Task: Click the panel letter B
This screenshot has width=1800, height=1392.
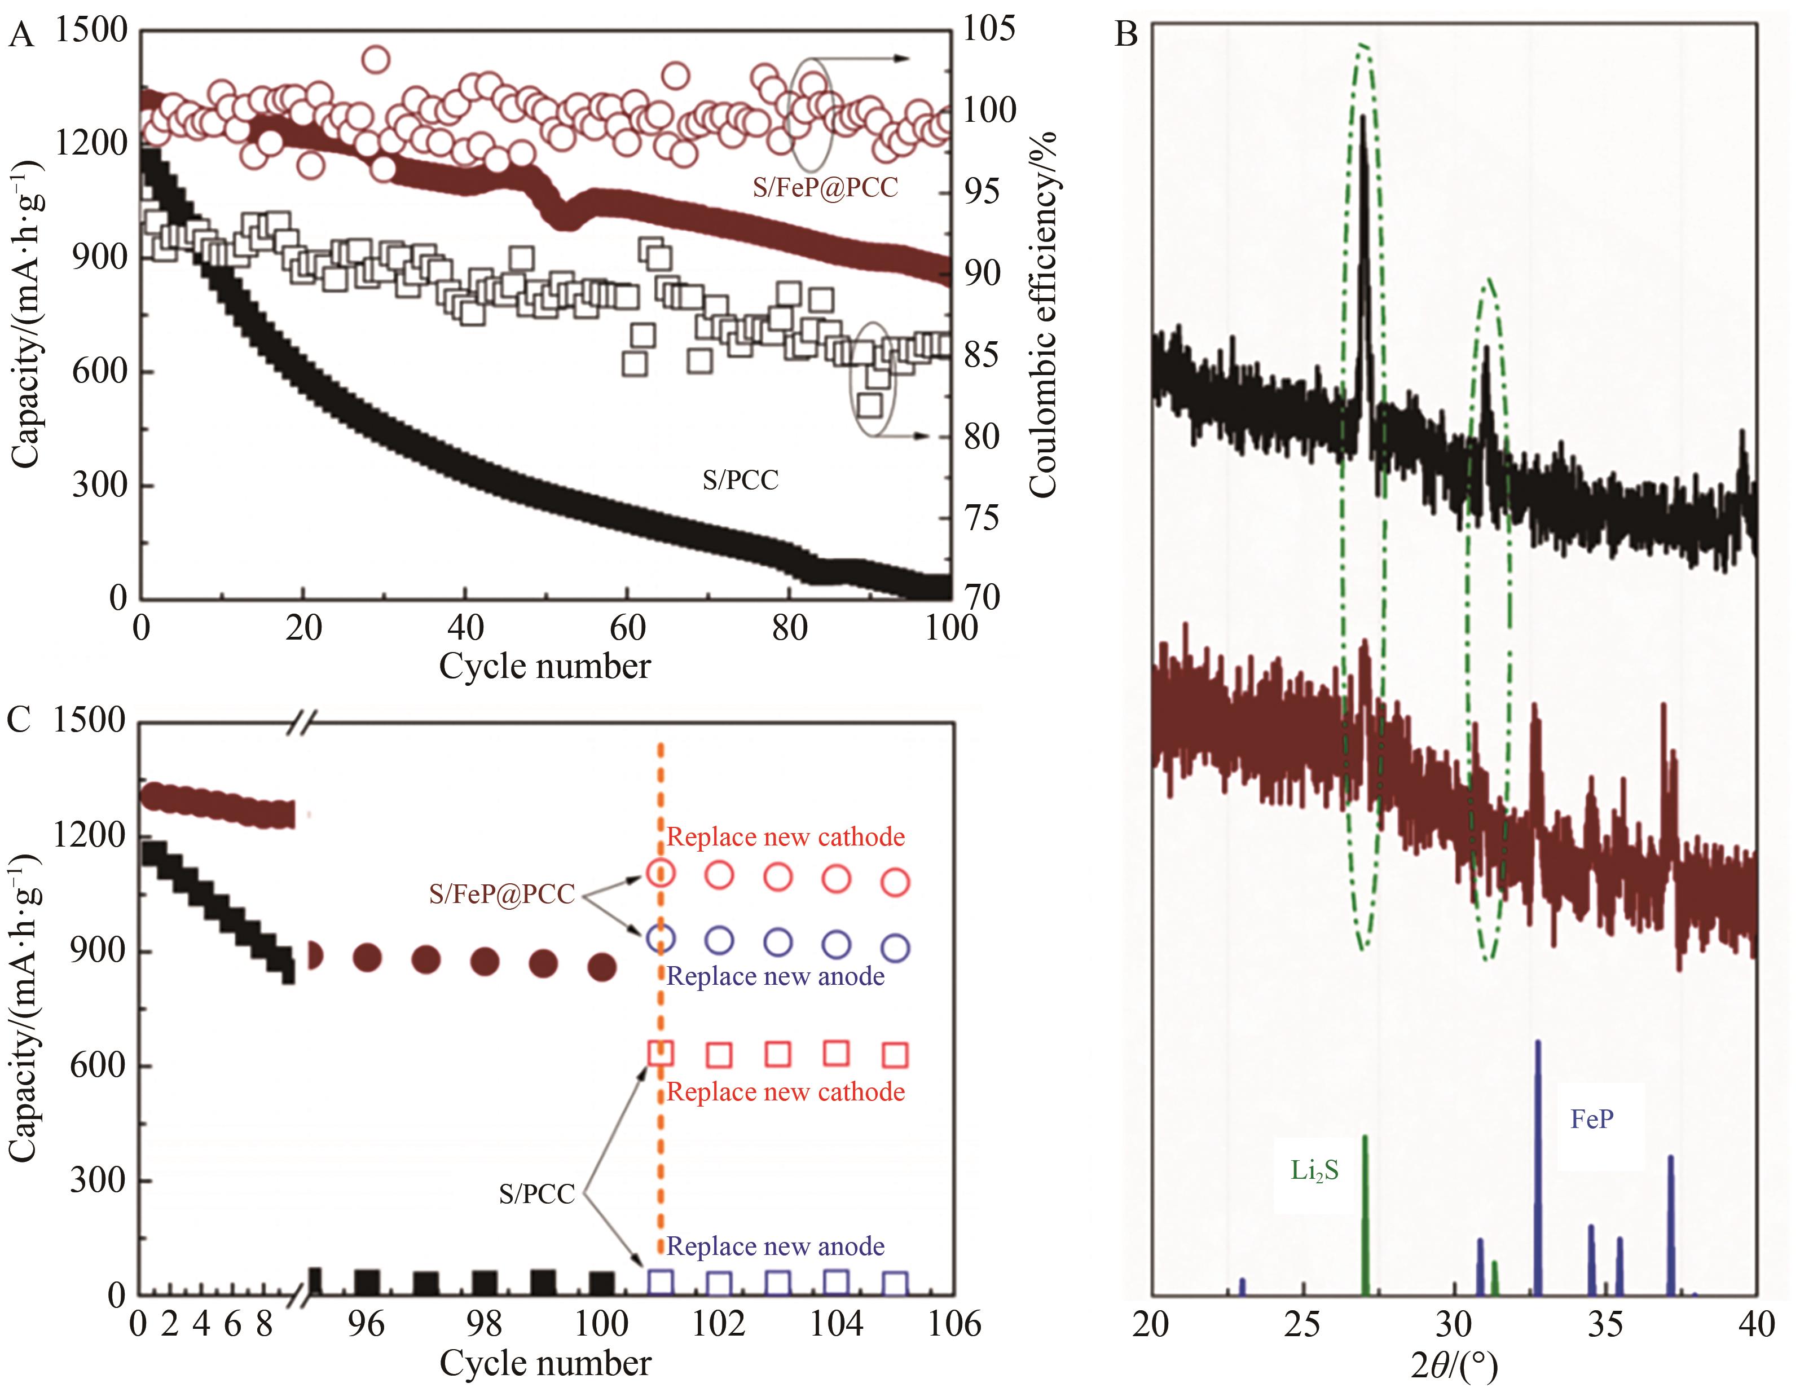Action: [x=1126, y=34]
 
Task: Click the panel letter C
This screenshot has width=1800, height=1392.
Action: [x=20, y=720]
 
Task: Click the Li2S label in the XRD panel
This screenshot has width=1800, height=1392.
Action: [x=1314, y=1170]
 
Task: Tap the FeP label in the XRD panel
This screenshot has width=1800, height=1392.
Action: [x=1591, y=1119]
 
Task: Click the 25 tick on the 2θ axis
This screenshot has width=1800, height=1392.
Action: [x=1303, y=1324]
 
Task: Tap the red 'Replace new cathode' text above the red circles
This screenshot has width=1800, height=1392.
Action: [x=785, y=838]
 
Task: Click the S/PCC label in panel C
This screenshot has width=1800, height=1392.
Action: [x=536, y=1194]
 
